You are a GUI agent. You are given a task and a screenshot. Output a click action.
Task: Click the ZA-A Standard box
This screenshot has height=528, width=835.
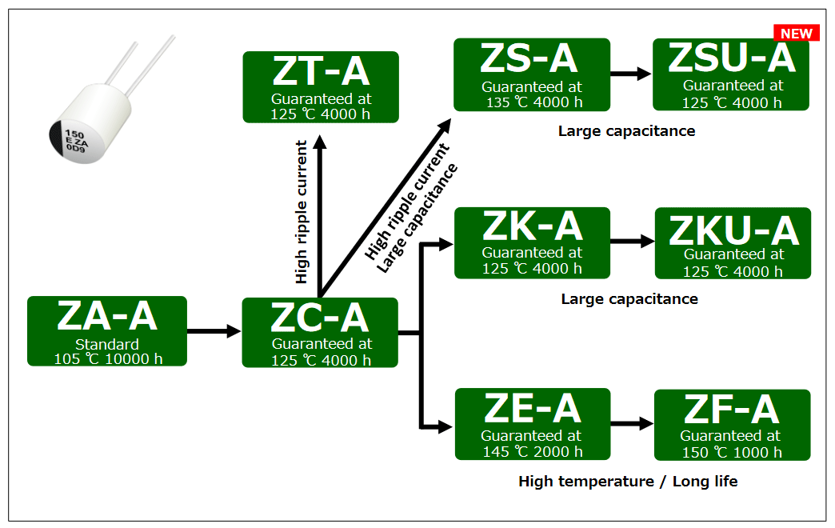tap(106, 331)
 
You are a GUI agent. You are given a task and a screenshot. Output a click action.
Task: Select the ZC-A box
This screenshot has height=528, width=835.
tap(320, 333)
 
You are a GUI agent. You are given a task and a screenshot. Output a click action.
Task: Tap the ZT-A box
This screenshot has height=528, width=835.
tap(320, 86)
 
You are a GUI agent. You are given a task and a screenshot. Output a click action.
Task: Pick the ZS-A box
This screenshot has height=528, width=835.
tap(531, 74)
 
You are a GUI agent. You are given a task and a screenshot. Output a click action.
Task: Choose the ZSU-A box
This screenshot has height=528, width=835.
tap(731, 74)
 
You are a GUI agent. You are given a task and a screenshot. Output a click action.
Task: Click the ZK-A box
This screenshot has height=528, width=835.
tap(532, 242)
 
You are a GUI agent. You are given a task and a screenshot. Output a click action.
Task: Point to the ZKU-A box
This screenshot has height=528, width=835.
tap(733, 243)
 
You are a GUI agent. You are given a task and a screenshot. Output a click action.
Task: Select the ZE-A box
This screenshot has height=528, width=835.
tap(532, 424)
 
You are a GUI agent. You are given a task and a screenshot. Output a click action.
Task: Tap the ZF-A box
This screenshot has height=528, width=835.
tap(732, 425)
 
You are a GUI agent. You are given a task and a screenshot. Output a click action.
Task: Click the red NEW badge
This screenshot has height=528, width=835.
tap(796, 34)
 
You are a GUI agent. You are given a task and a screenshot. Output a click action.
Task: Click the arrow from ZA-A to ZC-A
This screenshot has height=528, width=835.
tap(214, 331)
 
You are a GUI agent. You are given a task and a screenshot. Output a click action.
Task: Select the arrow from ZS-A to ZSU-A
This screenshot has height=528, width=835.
tap(631, 74)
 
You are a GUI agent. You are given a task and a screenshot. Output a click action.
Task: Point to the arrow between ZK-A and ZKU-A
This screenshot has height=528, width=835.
tap(632, 240)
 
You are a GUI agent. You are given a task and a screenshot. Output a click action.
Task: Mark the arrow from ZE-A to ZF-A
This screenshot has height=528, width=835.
tap(632, 424)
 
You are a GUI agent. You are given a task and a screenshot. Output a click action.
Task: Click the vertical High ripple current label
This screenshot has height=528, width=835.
tap(302, 212)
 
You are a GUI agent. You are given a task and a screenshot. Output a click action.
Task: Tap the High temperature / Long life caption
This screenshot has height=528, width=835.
tap(628, 482)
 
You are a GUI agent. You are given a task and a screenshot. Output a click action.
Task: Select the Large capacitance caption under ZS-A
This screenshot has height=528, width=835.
tap(626, 130)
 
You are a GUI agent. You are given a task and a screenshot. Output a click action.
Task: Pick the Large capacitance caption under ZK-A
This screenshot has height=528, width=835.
tap(629, 299)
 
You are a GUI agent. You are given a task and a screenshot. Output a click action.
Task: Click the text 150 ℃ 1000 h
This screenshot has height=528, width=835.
tap(731, 453)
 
